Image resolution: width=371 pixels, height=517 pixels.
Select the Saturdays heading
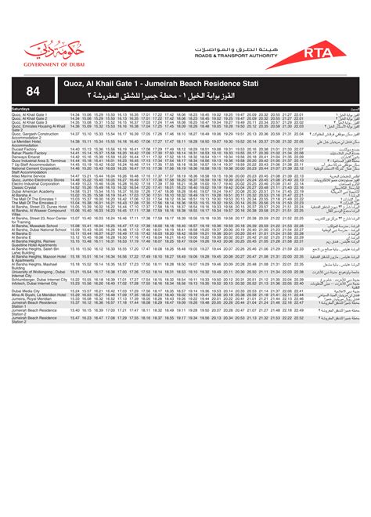pyautogui.click(x=21, y=108)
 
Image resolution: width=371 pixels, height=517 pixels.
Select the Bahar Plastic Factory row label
pyautogui.click(x=31, y=152)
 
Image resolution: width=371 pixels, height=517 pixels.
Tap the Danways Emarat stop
pyautogui.click(x=27, y=156)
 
